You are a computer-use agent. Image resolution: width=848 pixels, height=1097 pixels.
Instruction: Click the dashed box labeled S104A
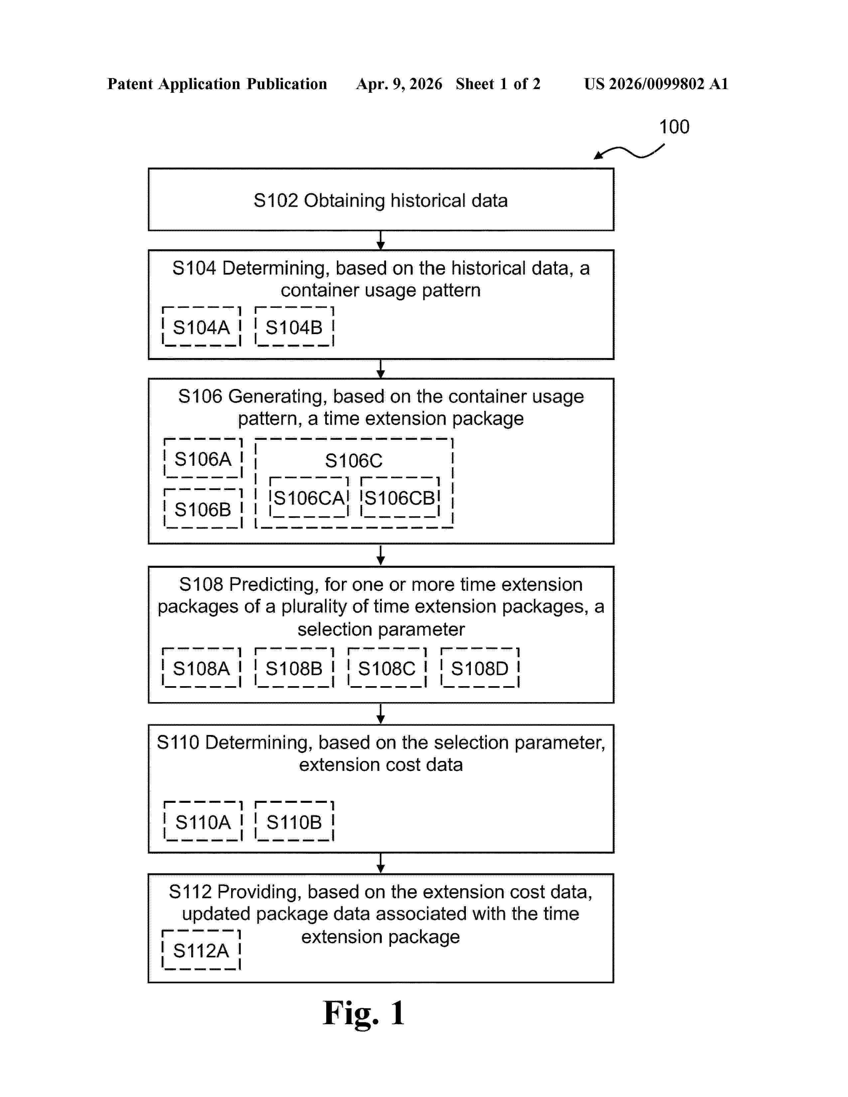202,327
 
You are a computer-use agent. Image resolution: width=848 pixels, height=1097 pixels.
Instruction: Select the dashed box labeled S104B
294,327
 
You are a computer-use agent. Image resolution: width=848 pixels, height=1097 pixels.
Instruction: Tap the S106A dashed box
203,459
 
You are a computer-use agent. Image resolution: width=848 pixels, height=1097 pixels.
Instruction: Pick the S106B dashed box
203,509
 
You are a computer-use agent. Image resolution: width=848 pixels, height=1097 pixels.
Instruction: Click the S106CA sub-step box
309,498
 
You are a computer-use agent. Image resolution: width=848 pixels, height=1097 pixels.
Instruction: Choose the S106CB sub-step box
400,498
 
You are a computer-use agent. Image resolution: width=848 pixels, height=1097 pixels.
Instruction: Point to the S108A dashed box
202,668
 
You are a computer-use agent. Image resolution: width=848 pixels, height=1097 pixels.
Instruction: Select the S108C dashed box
387,668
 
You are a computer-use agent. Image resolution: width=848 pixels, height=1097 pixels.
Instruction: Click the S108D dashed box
480,668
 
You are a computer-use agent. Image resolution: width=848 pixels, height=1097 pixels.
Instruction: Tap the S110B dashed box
294,822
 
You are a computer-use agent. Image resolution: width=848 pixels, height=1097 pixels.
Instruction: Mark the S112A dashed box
202,950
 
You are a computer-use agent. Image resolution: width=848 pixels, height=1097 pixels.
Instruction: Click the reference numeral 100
674,127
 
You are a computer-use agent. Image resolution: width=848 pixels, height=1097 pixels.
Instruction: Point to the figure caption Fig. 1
364,1013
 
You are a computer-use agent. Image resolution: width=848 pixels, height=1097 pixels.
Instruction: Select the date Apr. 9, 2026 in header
399,84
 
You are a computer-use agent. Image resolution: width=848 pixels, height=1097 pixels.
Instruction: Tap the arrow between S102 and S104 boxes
381,241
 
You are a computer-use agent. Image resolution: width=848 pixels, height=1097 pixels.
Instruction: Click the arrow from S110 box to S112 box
381,863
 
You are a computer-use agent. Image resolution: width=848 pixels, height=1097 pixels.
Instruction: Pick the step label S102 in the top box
276,200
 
